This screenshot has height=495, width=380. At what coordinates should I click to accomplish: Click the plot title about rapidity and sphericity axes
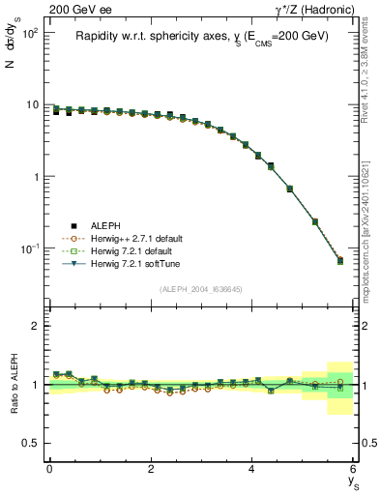point(202,36)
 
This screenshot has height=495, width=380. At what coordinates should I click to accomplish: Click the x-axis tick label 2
point(151,470)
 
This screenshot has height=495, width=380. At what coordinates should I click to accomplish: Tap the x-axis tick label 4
point(252,470)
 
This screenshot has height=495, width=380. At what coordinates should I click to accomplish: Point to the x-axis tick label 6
point(354,470)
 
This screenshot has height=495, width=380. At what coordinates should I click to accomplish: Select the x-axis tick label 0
point(49,470)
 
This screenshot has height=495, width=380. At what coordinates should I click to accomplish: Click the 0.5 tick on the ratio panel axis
point(31,443)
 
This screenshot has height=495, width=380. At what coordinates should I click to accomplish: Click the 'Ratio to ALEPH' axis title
point(13,385)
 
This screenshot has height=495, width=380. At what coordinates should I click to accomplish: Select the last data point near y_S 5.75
point(340,260)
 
